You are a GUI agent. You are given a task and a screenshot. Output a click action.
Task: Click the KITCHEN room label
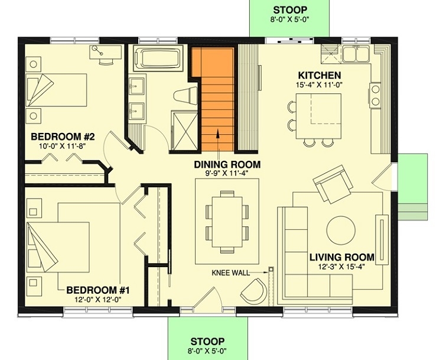click(x=319, y=76)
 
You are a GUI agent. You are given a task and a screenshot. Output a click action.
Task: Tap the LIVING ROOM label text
click(x=342, y=257)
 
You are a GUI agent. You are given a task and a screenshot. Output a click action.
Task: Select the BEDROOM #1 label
click(x=97, y=290)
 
